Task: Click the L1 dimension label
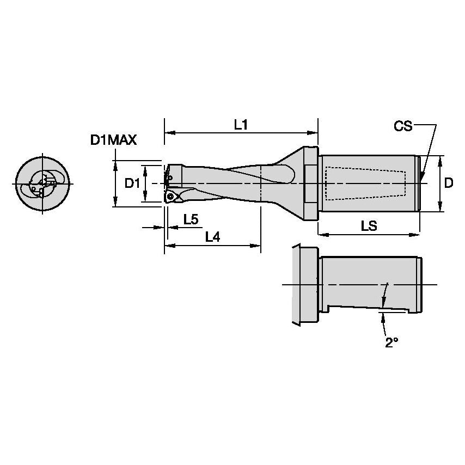pos(241,125)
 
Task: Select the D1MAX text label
pos(113,140)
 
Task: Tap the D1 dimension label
pos(132,183)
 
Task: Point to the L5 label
pos(191,219)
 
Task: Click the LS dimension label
pos(369,225)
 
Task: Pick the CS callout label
pos(403,126)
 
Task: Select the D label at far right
pos(448,183)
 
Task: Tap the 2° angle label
pos(391,342)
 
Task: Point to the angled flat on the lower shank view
pos(370,309)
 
